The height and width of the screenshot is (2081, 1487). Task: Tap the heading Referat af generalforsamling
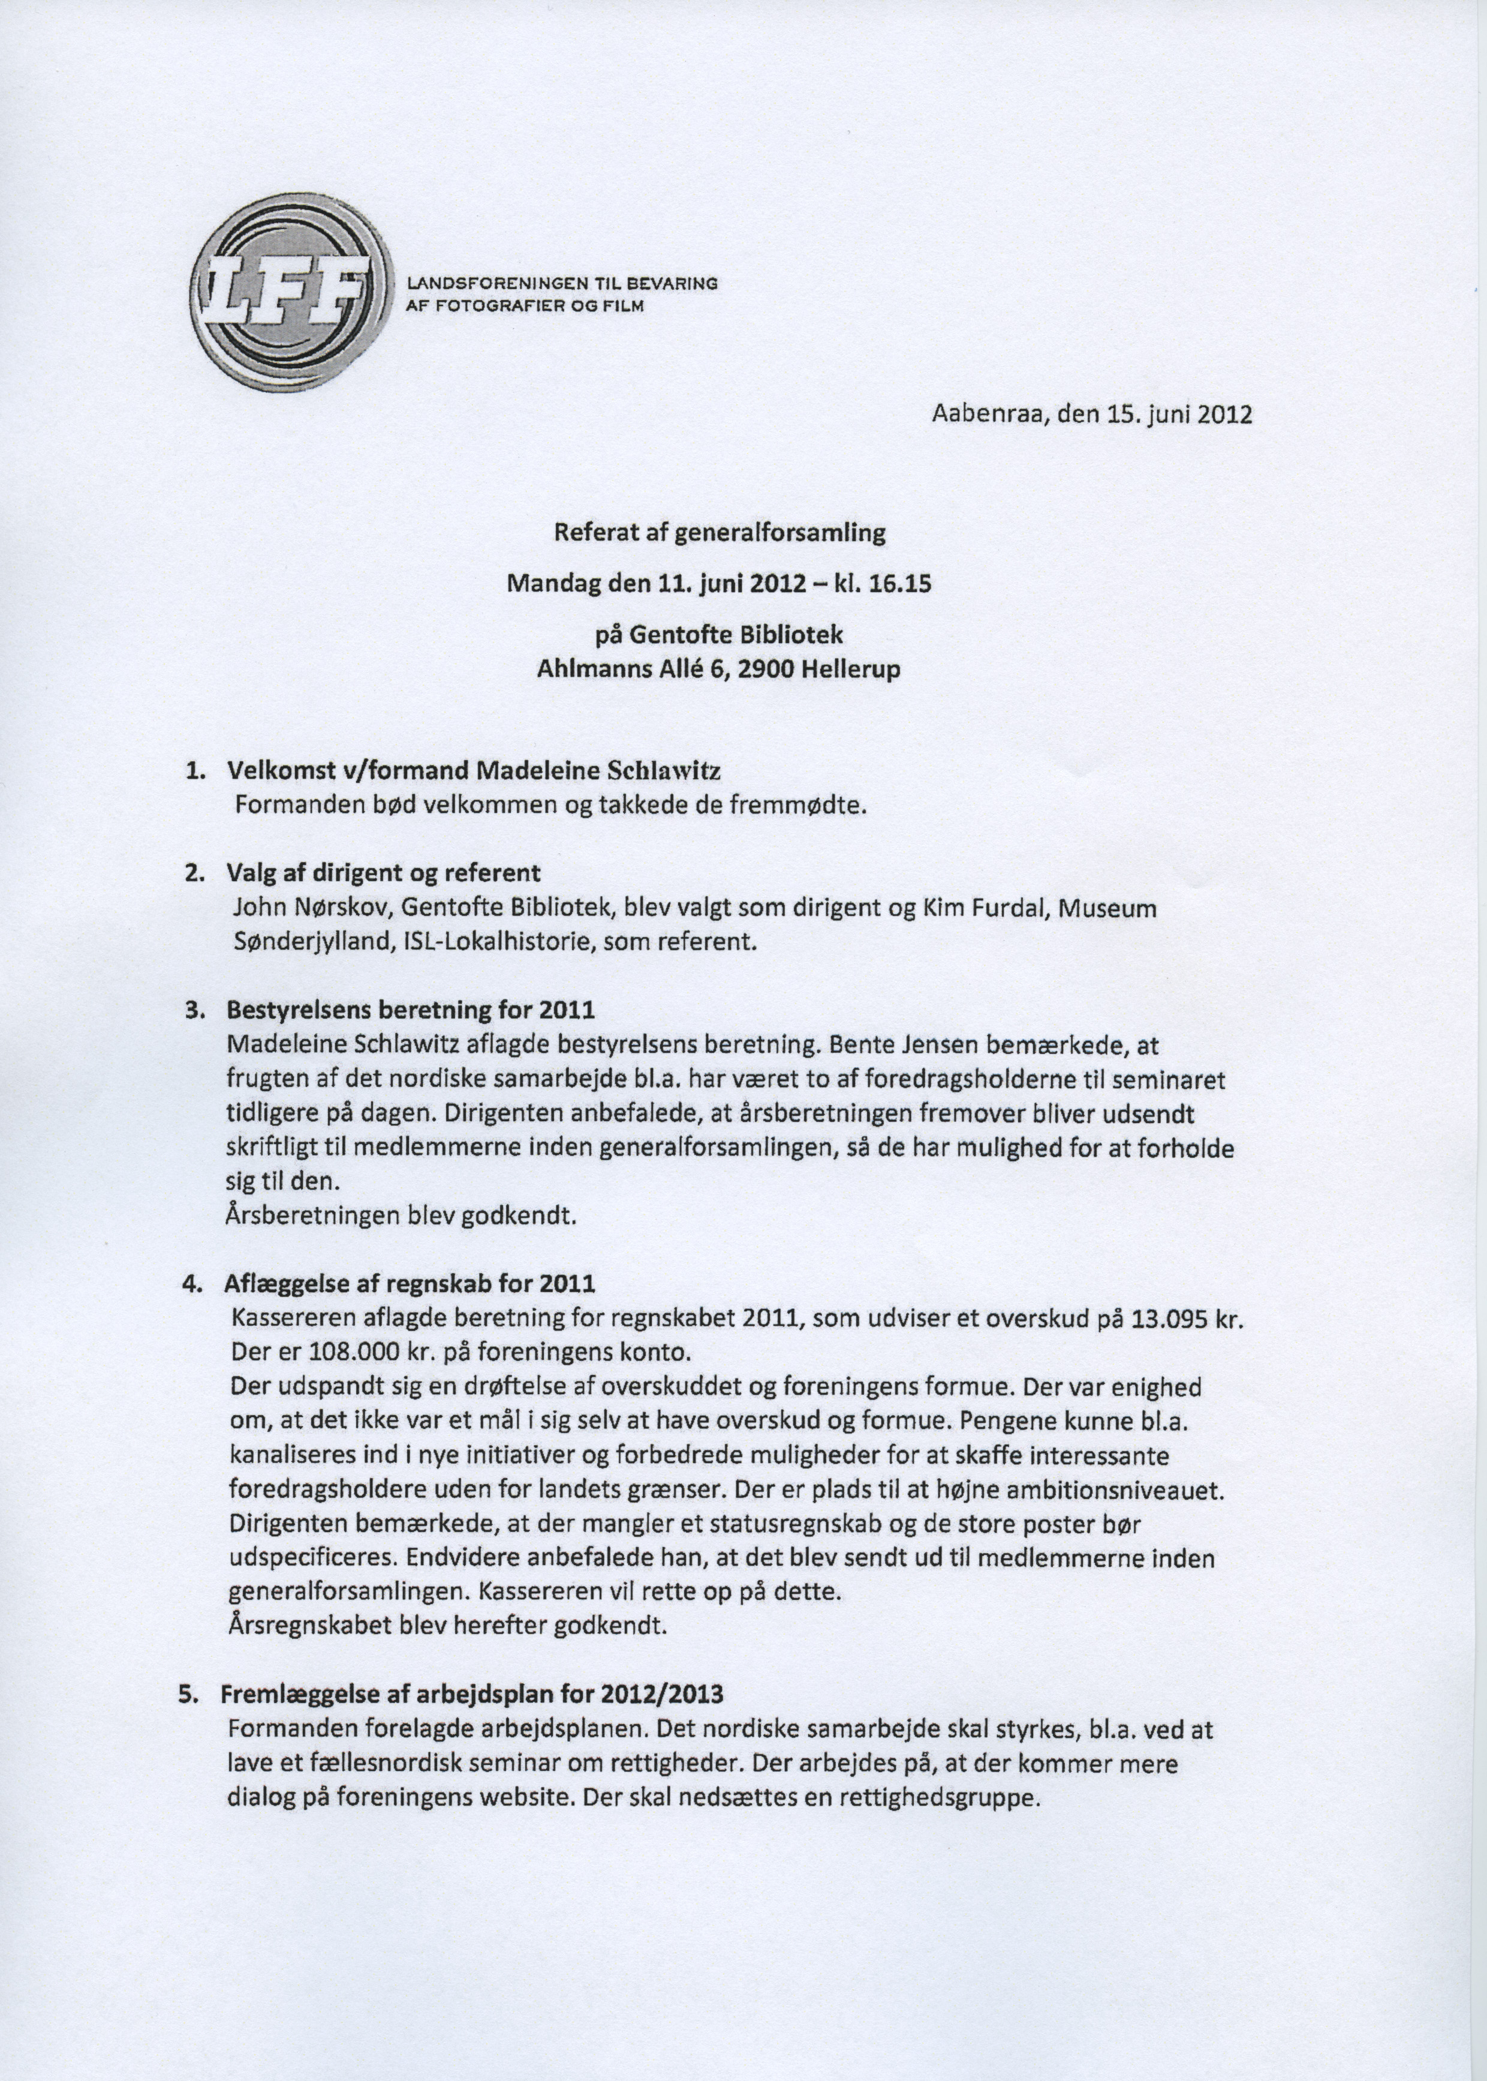coord(720,533)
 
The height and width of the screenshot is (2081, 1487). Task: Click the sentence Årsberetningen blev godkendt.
coord(400,1217)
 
